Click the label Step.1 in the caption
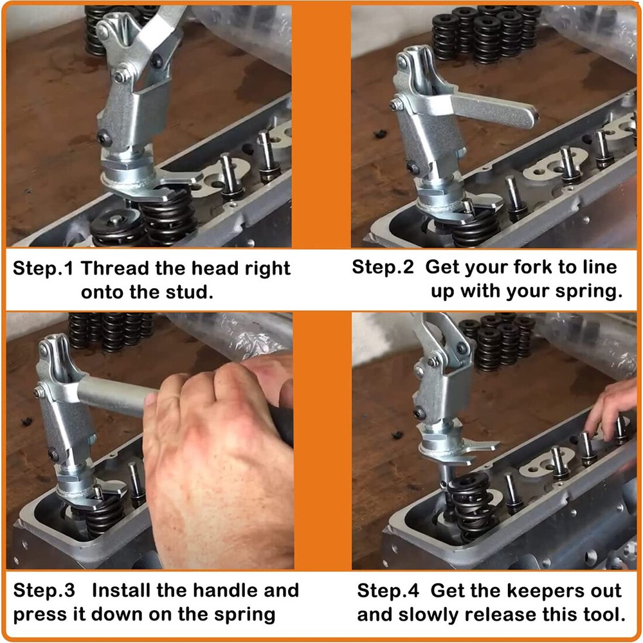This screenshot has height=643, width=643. (x=44, y=268)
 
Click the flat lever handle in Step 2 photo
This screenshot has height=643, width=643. (x=495, y=109)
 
